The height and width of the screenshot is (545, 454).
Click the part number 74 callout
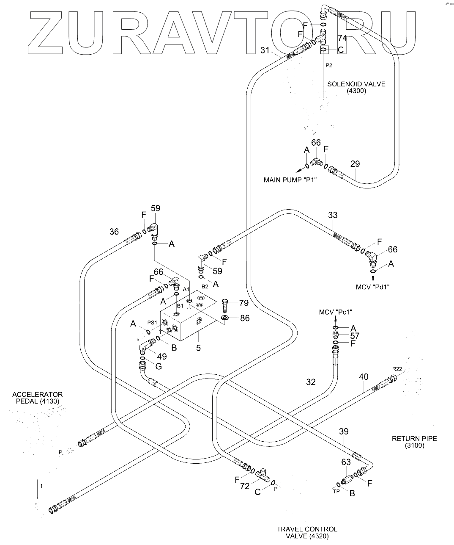(342, 38)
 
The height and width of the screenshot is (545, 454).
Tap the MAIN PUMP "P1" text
(290, 180)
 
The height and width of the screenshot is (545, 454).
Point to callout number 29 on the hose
(355, 164)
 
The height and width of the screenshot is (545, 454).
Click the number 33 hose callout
(333, 215)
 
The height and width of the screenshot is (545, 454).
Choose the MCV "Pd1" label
(372, 287)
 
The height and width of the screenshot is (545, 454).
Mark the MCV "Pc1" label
(336, 312)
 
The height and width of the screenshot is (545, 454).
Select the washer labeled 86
(225, 318)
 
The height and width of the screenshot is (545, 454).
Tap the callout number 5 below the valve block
(198, 348)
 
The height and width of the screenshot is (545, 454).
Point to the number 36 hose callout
(114, 232)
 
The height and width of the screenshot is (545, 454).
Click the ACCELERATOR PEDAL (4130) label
(38, 398)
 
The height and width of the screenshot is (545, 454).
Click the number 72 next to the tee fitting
(245, 487)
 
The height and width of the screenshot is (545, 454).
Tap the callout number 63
(346, 462)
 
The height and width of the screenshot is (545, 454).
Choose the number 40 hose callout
(364, 376)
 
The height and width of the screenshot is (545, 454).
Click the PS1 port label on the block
(152, 322)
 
